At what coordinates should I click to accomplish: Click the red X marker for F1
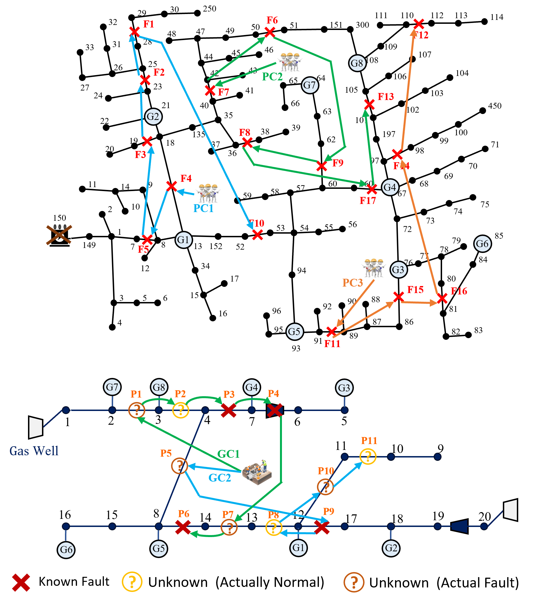134,31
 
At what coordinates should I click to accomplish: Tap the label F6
272,20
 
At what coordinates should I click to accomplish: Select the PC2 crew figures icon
289,62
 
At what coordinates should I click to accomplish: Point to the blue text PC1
203,208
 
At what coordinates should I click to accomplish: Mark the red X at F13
369,104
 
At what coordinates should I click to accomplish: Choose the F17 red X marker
372,189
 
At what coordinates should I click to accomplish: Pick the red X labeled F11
331,331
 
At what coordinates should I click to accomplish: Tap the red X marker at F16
442,298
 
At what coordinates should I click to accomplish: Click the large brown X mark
59,235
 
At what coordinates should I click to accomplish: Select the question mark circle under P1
137,410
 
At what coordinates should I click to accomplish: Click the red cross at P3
229,410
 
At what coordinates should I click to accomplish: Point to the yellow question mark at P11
368,457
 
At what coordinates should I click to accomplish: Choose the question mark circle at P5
179,466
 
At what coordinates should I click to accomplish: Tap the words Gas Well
34,451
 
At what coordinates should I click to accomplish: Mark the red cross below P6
183,527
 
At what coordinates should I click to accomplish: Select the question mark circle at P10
325,487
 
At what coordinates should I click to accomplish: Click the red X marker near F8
247,143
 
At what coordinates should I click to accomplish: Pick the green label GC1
228,454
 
